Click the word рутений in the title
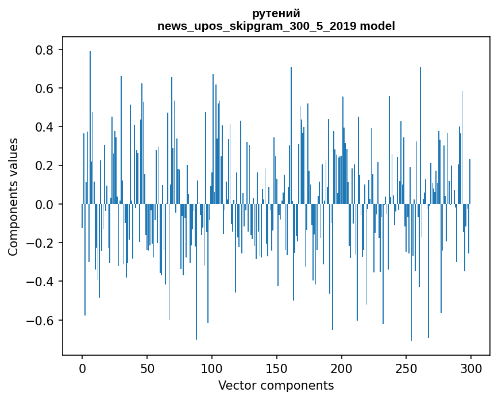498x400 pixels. click(276, 14)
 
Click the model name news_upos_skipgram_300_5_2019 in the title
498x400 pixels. click(257, 26)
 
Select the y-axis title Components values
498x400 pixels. click(13, 197)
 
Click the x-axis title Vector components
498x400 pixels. click(276, 385)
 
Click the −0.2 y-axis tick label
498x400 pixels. click(41, 243)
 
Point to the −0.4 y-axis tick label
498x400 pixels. click(41, 282)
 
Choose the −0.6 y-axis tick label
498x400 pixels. click(41, 320)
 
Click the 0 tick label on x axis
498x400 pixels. click(82, 367)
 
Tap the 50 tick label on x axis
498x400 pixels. click(147, 367)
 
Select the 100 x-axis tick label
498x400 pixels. click(212, 367)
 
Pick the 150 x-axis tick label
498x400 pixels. click(277, 367)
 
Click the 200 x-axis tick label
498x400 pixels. click(342, 367)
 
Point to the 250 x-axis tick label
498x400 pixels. click(406, 367)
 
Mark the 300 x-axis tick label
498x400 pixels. click(471, 367)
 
